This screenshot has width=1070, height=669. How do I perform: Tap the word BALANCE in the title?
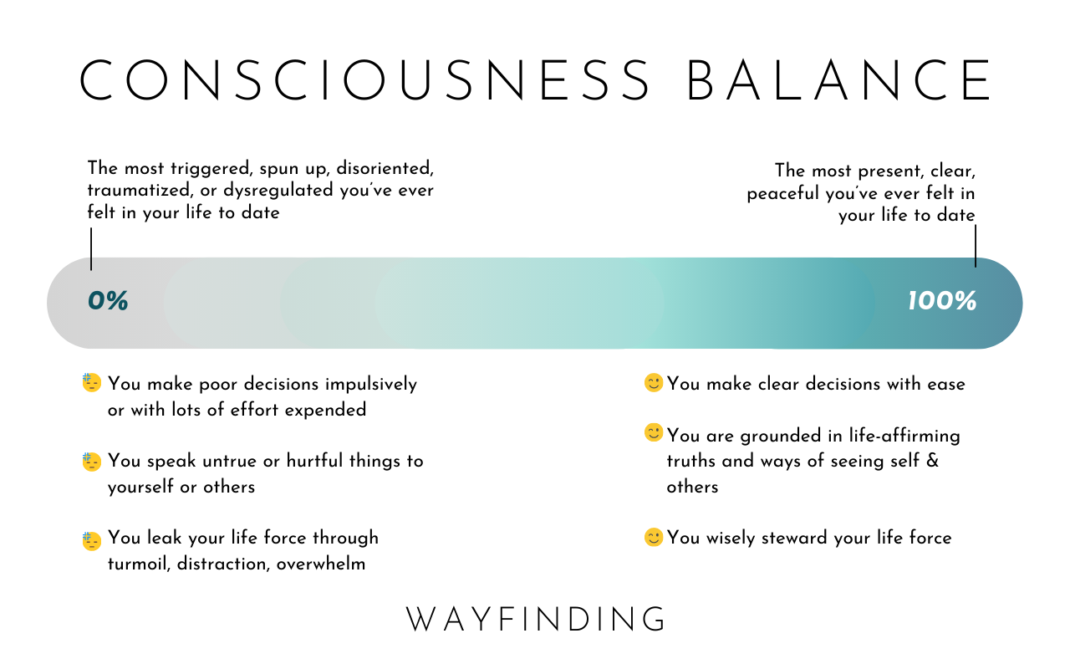[x=838, y=80]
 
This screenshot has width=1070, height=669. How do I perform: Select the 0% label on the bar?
[x=108, y=301]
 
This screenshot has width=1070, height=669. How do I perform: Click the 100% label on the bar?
[x=942, y=301]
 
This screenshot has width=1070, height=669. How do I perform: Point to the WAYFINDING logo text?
[x=535, y=620]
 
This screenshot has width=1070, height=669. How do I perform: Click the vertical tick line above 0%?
[x=91, y=249]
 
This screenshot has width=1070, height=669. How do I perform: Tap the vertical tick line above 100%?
[x=976, y=246]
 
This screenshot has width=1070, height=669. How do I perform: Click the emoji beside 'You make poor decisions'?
[x=91, y=383]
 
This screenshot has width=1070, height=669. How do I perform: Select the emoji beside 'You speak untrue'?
[x=91, y=462]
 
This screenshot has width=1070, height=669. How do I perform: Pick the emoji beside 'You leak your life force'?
[x=91, y=541]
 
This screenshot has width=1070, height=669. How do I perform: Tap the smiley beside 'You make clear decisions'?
[x=654, y=383]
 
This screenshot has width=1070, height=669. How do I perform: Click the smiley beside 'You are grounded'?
[x=654, y=432]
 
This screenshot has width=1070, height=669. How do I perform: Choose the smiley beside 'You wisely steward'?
[x=654, y=537]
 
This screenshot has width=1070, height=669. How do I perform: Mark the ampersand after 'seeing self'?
[x=932, y=461]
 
